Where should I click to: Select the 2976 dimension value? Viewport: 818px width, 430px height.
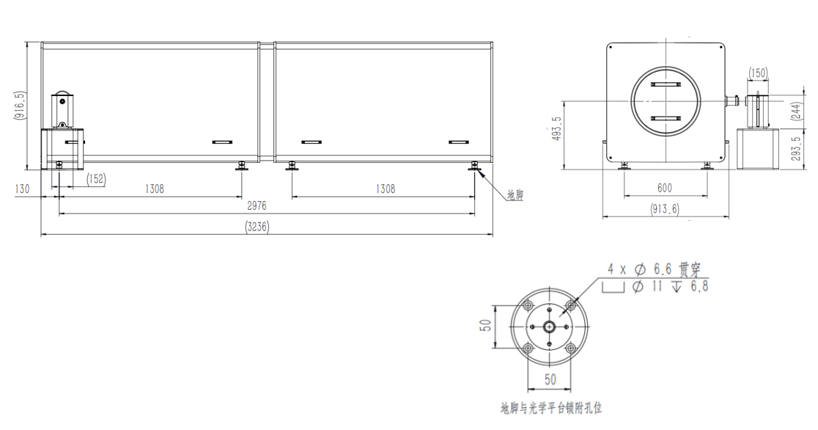257,206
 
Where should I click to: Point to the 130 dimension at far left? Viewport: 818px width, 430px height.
22,189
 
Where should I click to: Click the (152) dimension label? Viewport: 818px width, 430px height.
96,179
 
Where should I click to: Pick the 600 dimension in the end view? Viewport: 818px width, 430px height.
665,188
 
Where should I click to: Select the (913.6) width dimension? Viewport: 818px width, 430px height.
665,209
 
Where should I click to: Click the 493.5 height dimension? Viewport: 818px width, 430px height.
556,128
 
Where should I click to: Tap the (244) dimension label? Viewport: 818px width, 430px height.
796,112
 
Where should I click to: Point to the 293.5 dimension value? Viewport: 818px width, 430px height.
796,148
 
